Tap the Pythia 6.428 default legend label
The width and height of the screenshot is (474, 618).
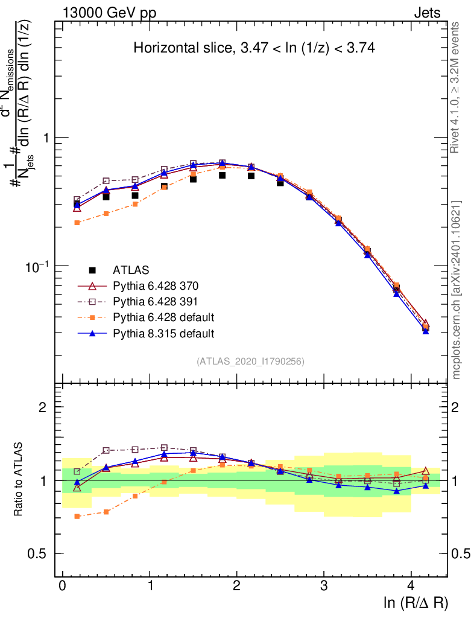(163, 317)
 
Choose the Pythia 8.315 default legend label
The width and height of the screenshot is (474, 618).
(163, 333)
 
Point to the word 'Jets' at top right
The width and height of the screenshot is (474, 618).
(427, 13)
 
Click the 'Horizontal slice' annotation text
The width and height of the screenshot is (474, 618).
(254, 49)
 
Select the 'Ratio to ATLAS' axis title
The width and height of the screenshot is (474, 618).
(18, 480)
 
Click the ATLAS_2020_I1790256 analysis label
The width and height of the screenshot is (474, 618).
(250, 362)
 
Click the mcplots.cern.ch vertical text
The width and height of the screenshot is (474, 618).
(457, 290)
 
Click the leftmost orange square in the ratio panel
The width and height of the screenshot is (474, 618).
(77, 516)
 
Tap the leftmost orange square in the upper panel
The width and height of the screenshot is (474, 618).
(77, 223)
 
